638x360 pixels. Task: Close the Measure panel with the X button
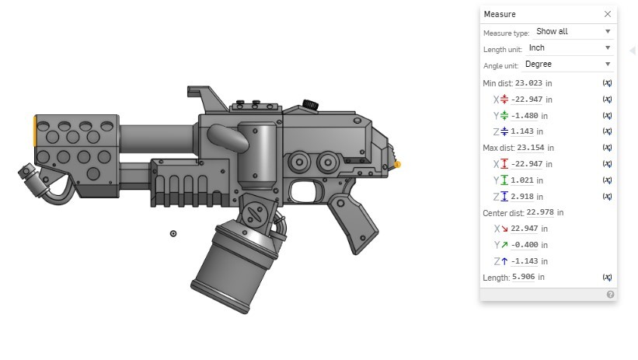tap(607, 14)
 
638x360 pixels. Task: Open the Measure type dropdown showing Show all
tap(573, 32)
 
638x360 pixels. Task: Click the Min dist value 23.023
tap(528, 82)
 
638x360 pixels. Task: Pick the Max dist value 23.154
tap(529, 148)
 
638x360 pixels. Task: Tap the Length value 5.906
tap(528, 277)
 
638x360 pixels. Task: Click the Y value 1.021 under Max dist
tap(525, 180)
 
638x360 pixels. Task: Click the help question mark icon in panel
tap(610, 295)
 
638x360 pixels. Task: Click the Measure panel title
tap(500, 14)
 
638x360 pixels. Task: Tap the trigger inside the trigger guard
tap(306, 189)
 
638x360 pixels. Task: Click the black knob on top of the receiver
tap(311, 103)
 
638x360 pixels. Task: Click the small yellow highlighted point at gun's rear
tap(398, 165)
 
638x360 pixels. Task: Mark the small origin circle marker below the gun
tap(173, 233)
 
